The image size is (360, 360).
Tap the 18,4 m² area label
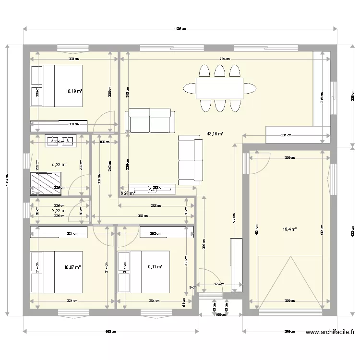click(289, 229)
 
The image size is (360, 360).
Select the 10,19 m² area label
click(74, 90)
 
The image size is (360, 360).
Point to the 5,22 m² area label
click(59, 164)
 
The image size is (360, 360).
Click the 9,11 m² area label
click(155, 267)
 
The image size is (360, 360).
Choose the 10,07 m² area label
click(73, 267)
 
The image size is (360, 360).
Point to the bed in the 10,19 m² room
click(57, 86)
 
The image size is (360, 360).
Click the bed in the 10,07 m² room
click(57, 272)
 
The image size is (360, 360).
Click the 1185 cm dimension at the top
click(180, 29)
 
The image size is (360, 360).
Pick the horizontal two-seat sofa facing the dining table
click(149, 120)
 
